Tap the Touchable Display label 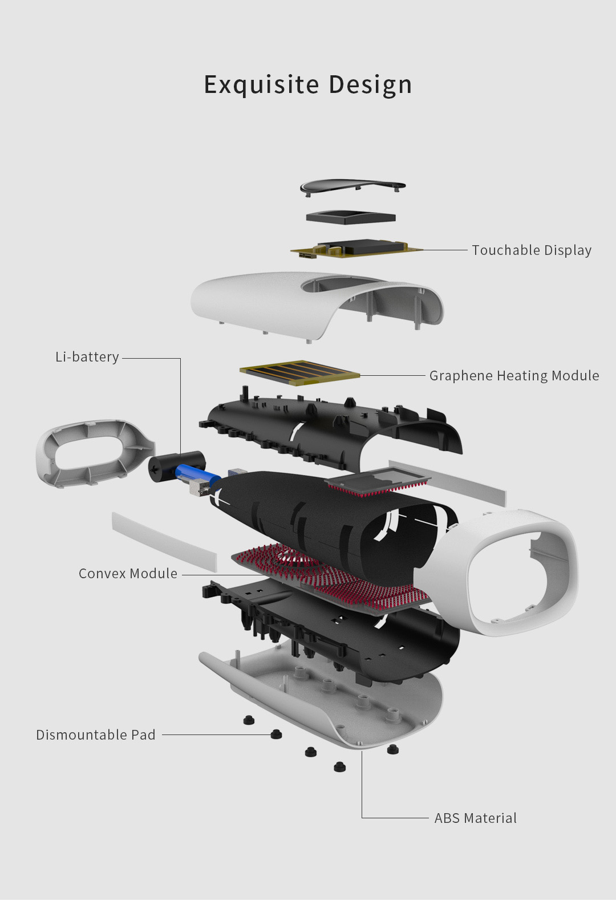pyautogui.click(x=532, y=250)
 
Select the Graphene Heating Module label pyautogui.click(x=514, y=375)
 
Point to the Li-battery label pyautogui.click(x=87, y=357)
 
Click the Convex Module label pyautogui.click(x=128, y=573)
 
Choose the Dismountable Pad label pyautogui.click(x=96, y=734)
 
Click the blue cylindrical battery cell pyautogui.click(x=198, y=473)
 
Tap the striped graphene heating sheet pyautogui.click(x=300, y=372)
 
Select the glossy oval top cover pyautogui.click(x=353, y=186)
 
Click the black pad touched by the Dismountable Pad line pyautogui.click(x=276, y=734)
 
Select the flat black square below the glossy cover pyautogui.click(x=351, y=217)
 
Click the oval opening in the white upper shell pyautogui.click(x=342, y=285)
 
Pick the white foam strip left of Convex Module pyautogui.click(x=164, y=542)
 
